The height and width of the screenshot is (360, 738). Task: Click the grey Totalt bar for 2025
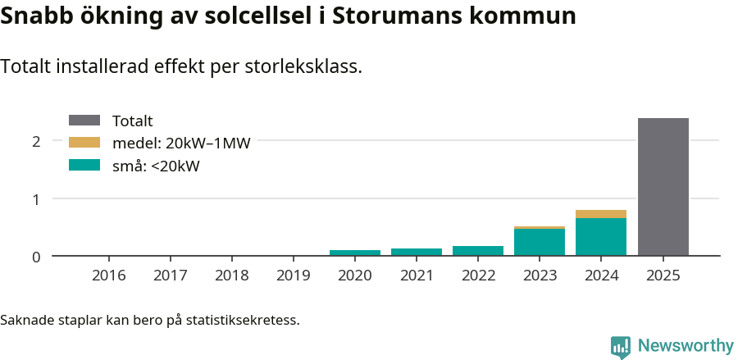[x=663, y=187]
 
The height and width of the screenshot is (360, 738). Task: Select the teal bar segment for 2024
[x=601, y=237]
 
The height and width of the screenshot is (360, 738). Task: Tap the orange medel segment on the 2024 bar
[x=601, y=214]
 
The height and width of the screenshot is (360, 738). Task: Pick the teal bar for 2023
[x=540, y=243]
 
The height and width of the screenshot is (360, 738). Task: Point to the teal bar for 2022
[x=478, y=251]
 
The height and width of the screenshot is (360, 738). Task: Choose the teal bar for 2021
[x=417, y=252]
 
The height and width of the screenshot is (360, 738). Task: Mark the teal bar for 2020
[x=355, y=253]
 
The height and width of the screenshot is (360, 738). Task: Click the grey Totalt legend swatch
[x=84, y=121]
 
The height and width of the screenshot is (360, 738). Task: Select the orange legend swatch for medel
[x=84, y=143]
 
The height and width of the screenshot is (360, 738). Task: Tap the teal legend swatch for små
[x=84, y=165]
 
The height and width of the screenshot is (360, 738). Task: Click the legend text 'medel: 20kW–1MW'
[x=180, y=144]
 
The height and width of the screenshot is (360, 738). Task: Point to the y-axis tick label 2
[x=36, y=141]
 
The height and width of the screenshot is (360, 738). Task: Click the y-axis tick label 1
[x=36, y=198]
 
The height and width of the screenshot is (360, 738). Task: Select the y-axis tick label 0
[x=36, y=257]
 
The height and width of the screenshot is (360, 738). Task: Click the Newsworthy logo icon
[x=621, y=346]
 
